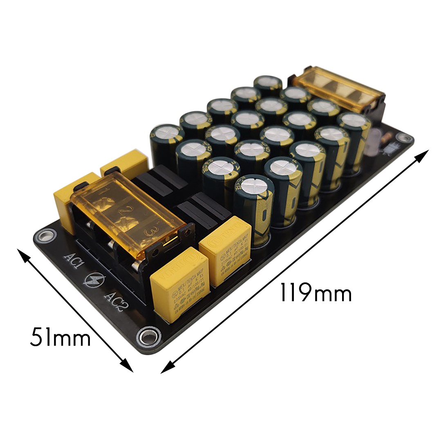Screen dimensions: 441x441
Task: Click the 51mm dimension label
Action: (x=60, y=338)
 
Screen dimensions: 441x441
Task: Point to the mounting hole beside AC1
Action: (x=45, y=235)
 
